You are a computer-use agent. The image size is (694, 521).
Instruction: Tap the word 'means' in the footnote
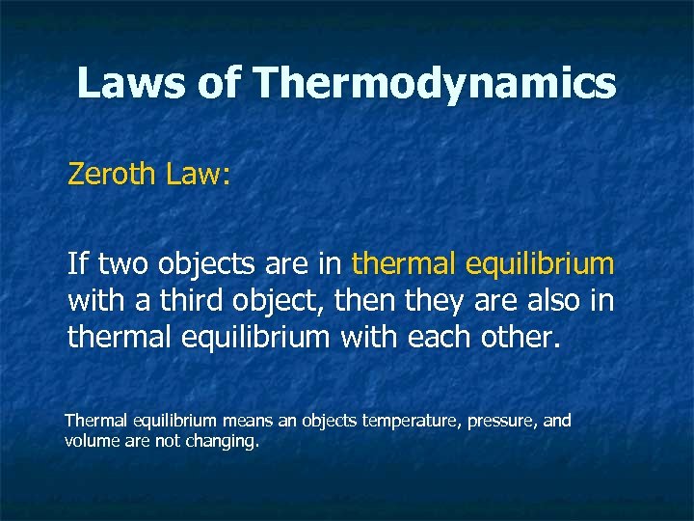(x=246, y=421)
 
